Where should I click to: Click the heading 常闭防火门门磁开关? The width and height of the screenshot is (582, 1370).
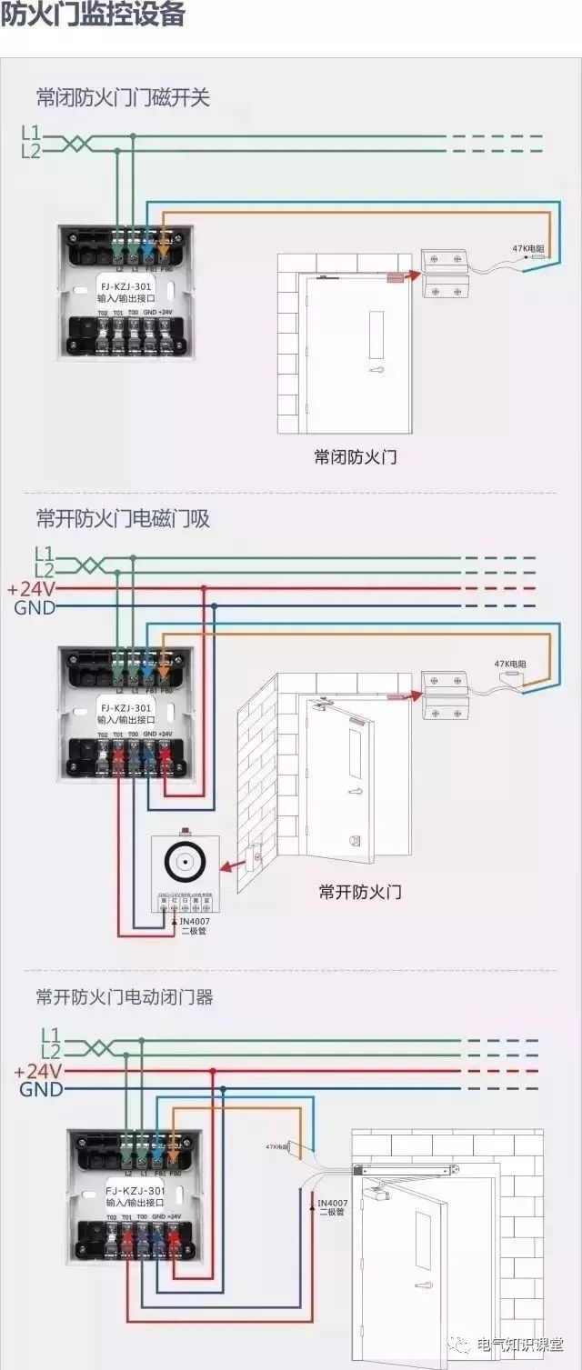pos(123,97)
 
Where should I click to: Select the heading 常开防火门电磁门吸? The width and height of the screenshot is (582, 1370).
pos(123,518)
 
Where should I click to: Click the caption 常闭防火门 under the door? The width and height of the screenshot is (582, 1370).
pos(355,457)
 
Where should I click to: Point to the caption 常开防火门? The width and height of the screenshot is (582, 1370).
pos(360,891)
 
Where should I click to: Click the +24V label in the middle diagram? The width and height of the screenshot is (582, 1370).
pos(31,589)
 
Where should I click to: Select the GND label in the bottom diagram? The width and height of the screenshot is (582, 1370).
pos(41,1089)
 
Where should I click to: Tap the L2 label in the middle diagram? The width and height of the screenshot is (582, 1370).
pos(45,570)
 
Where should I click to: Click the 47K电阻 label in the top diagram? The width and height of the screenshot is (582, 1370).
pos(528,247)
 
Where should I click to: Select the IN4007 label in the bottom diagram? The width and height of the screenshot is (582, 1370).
pos(332,1202)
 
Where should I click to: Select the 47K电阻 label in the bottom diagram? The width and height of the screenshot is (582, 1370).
pos(276,1147)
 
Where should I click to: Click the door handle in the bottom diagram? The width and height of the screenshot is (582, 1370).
pos(422,1285)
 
